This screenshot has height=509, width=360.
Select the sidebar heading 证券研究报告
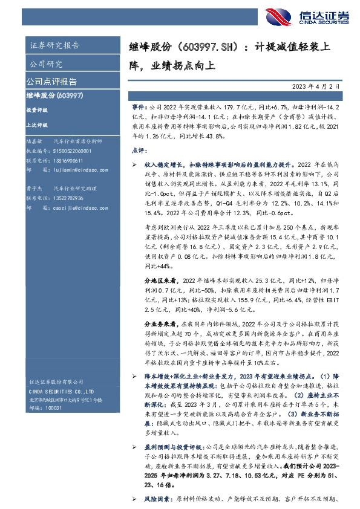click(54, 45)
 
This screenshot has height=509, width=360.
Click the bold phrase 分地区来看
click(160, 281)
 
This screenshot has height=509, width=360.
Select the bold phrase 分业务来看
click(160, 323)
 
